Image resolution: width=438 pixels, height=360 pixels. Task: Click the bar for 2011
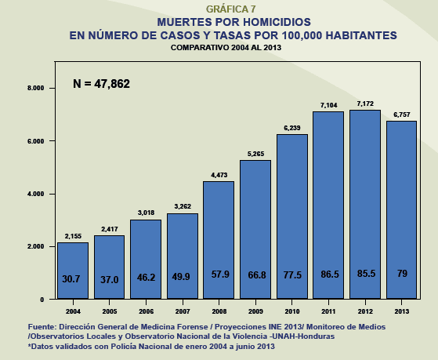(328, 204)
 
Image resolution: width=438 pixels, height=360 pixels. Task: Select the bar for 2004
(73, 270)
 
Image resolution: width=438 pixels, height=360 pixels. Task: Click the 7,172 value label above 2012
(364, 104)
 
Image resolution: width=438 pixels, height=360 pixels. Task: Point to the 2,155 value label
(73, 236)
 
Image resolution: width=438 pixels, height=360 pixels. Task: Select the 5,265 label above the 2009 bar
(255, 154)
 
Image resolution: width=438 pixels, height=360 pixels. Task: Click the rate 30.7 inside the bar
(73, 278)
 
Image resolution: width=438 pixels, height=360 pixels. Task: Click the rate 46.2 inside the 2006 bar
(146, 278)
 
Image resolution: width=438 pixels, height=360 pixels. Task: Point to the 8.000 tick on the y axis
(36, 89)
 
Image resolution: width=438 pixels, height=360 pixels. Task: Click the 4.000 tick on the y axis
(36, 194)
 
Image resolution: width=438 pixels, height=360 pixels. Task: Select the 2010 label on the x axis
(291, 310)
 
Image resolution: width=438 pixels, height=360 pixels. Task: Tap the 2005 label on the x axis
(109, 310)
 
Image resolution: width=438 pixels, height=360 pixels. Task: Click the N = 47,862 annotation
(101, 83)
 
